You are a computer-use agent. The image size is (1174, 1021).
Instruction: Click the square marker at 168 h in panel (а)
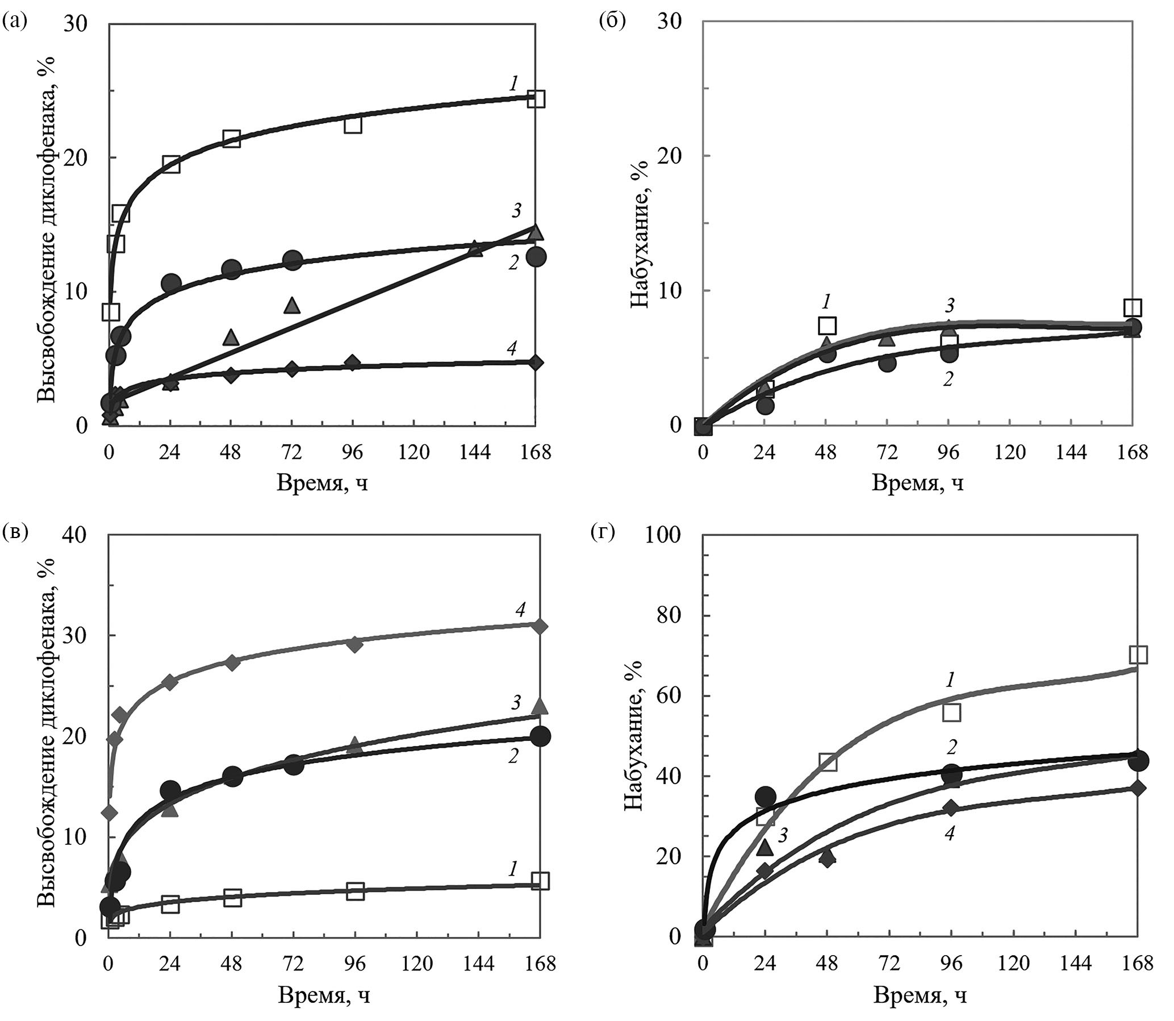pos(536,98)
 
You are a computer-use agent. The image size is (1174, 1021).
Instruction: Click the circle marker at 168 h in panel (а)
pos(536,257)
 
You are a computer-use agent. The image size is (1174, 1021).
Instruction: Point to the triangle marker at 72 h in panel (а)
pos(292,305)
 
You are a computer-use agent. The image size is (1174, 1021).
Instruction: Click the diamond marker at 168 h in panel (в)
pos(541,626)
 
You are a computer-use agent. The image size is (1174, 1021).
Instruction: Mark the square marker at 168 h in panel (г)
pos(1138,655)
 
